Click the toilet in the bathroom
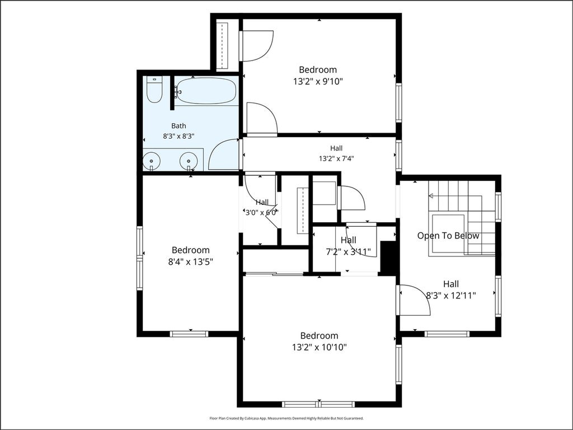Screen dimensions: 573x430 click(x=154, y=89)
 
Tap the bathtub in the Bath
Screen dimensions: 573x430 click(x=205, y=91)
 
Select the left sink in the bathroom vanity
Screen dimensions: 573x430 click(x=151, y=161)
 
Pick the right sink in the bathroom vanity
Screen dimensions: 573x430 click(x=189, y=161)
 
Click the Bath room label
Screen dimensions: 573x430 click(x=179, y=126)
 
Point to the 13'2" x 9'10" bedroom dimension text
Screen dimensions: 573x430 click(x=318, y=81)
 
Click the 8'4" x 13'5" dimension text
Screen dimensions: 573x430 click(x=191, y=262)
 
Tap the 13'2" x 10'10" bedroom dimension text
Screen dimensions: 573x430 click(x=320, y=347)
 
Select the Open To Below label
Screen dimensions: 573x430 click(x=448, y=236)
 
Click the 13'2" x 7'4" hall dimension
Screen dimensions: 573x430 click(x=336, y=158)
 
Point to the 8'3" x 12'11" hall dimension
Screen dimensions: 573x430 click(x=452, y=296)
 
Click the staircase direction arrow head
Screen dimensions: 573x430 click(x=431, y=196)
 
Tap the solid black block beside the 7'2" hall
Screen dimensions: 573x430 click(x=388, y=256)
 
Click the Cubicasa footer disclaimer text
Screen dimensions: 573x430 click(x=286, y=418)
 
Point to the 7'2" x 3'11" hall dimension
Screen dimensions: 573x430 click(x=348, y=251)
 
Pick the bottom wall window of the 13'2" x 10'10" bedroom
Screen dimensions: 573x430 click(x=318, y=404)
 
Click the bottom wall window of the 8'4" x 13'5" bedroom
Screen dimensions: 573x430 click(x=189, y=334)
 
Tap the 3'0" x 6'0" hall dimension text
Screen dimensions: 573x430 click(x=262, y=212)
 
